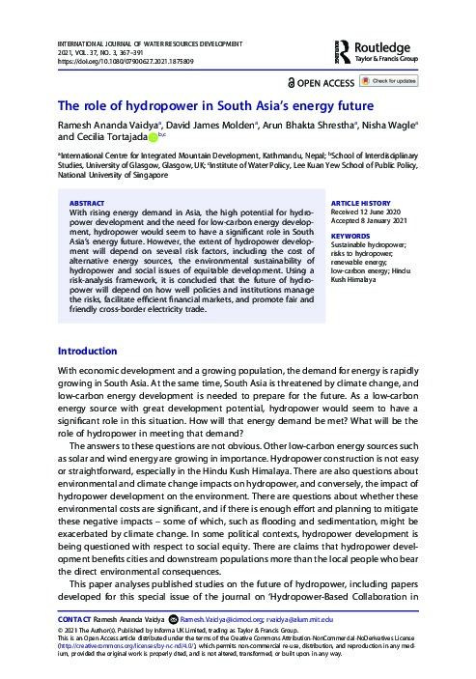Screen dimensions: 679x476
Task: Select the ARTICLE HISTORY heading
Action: point(360,203)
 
